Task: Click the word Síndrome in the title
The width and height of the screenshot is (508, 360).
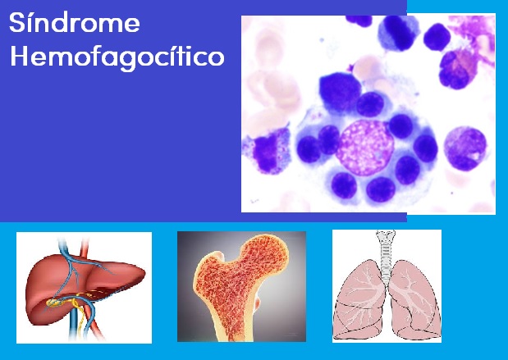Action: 75,22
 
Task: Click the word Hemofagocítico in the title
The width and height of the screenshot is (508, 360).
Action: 117,57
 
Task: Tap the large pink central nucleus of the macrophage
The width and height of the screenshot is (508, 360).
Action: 365,148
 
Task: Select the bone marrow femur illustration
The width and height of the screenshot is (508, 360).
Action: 241,286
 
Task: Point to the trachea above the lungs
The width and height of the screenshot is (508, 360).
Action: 386,256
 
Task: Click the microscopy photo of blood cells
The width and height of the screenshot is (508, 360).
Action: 368,114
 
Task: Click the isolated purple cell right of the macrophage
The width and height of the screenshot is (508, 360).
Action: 465,148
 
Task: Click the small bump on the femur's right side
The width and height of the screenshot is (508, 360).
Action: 258,302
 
